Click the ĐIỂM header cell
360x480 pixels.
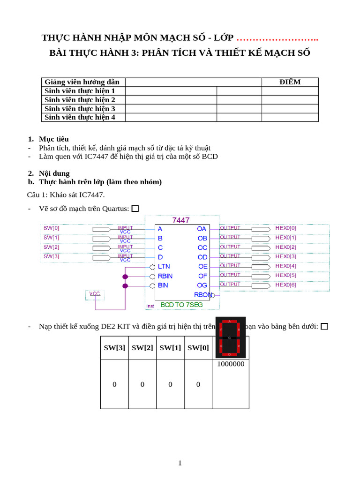click(290, 82)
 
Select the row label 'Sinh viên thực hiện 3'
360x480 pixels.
click(80, 109)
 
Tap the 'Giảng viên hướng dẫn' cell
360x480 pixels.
click(82, 82)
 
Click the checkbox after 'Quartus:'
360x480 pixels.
click(135, 209)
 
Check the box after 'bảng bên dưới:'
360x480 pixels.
click(324, 326)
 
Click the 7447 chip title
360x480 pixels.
click(181, 220)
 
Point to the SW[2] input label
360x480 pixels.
click(52, 247)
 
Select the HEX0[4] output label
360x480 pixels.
click(285, 266)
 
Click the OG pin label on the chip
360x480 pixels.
click(202, 285)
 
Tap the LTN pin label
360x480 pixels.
click(164, 266)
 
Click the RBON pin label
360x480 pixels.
click(203, 295)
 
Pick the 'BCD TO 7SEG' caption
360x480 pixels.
click(182, 305)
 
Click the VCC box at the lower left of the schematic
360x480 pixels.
click(95, 294)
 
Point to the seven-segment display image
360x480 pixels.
click(230, 337)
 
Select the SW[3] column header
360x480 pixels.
click(114, 348)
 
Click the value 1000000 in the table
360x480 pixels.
click(230, 364)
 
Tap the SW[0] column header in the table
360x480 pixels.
click(198, 348)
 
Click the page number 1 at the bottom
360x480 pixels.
click(180, 463)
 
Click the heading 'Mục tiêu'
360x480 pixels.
click(53, 139)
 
